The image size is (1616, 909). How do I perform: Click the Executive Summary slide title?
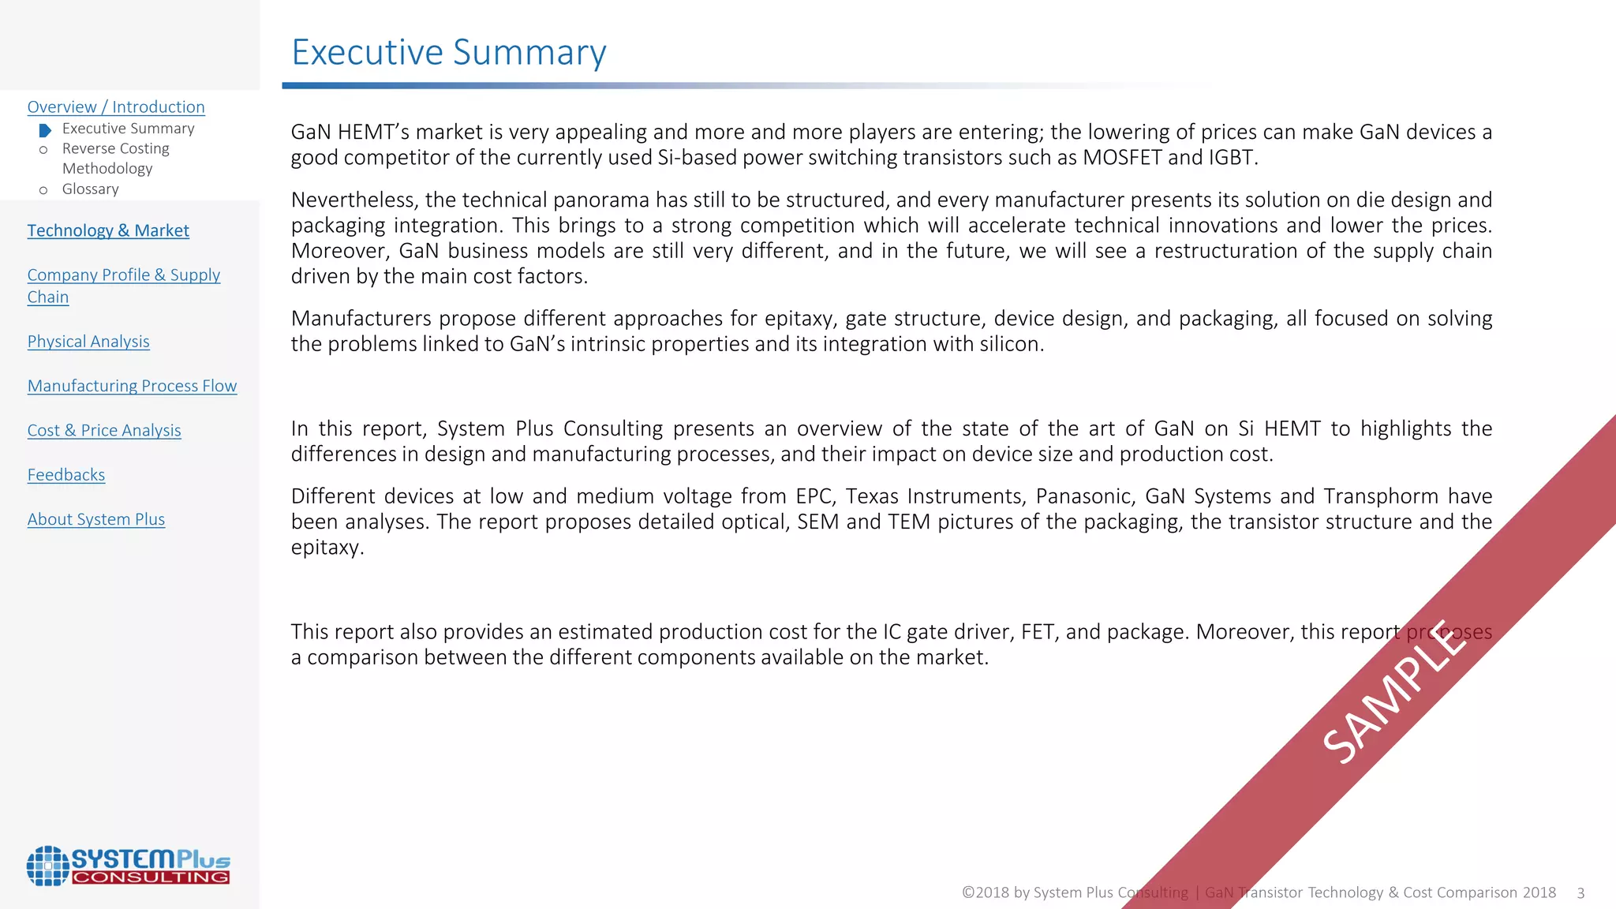click(448, 53)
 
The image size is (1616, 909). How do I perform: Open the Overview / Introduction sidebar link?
click(116, 107)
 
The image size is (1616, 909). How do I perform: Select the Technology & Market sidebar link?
click(108, 230)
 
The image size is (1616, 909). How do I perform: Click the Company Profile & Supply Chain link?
click(123, 286)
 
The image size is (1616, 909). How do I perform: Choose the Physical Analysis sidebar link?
click(88, 342)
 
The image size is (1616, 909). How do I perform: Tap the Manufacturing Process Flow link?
click(132, 386)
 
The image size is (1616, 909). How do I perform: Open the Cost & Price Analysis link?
click(104, 431)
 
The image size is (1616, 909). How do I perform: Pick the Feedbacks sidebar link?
click(66, 475)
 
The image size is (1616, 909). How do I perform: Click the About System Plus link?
click(96, 519)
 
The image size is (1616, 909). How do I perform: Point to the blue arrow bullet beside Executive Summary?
click(45, 130)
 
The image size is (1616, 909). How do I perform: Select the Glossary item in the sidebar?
click(91, 189)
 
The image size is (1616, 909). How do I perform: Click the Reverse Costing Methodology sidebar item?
click(115, 159)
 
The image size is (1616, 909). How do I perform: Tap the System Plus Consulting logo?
click(128, 866)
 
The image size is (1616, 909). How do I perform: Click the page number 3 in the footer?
click(1580, 893)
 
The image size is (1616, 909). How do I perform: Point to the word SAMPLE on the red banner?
click(1395, 692)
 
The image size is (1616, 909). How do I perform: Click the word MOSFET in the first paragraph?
click(1122, 158)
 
